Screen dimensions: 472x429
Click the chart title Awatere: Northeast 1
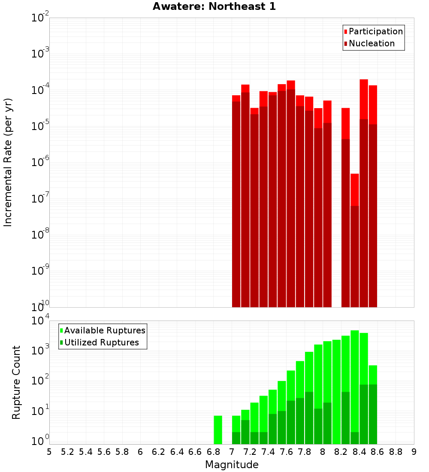pyautogui.click(x=214, y=7)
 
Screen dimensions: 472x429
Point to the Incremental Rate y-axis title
pyautogui.click(x=8, y=162)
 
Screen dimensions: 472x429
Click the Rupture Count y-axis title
pyautogui.click(x=16, y=382)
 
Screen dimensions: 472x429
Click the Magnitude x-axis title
pyautogui.click(x=232, y=465)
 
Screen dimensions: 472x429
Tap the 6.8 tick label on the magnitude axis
pyautogui.click(x=213, y=452)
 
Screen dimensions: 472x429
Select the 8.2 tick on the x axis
pyautogui.click(x=341, y=452)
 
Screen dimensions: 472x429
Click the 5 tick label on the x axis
pyautogui.click(x=49, y=452)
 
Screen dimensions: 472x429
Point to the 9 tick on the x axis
pyautogui.click(x=414, y=452)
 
